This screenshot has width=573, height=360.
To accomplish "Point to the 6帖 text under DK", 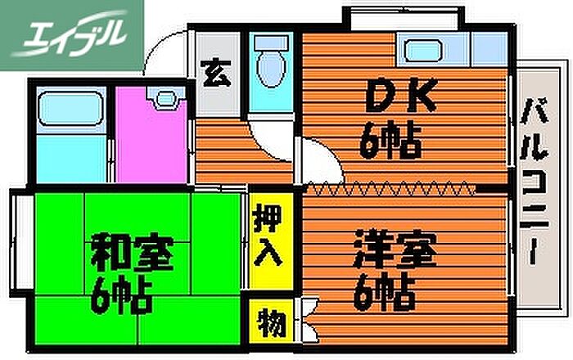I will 391,144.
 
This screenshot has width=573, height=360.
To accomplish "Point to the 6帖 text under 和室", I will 123,295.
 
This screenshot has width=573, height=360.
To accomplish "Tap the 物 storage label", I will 268,322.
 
